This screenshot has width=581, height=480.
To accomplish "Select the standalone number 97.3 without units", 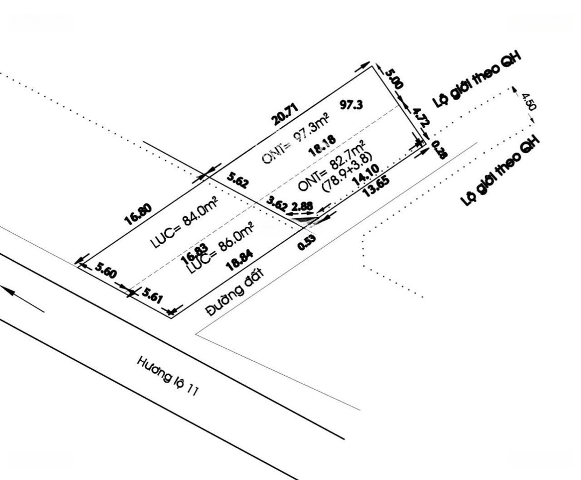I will pos(350,104).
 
